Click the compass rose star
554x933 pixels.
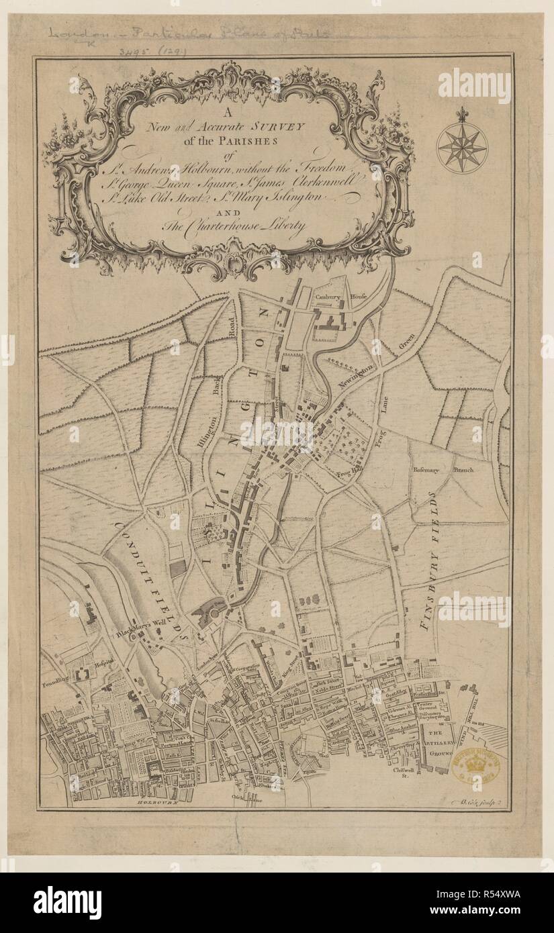pyautogui.click(x=461, y=146)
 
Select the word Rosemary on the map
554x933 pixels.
pyautogui.click(x=426, y=470)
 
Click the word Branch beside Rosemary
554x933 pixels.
pyautogui.click(x=463, y=470)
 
